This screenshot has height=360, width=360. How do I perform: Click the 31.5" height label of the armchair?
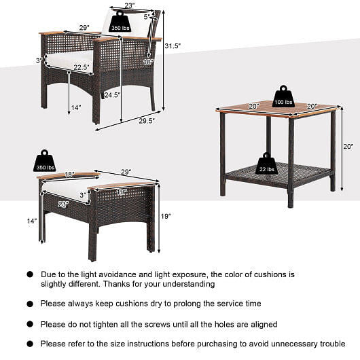[x=173, y=45]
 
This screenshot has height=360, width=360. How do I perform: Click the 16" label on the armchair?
[x=148, y=62]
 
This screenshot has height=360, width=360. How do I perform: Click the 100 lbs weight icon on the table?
[x=283, y=96]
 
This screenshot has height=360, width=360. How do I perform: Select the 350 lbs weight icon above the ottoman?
[x=45, y=161]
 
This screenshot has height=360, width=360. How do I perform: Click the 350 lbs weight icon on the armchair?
[x=120, y=22]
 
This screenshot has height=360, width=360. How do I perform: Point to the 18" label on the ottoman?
[x=69, y=175]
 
